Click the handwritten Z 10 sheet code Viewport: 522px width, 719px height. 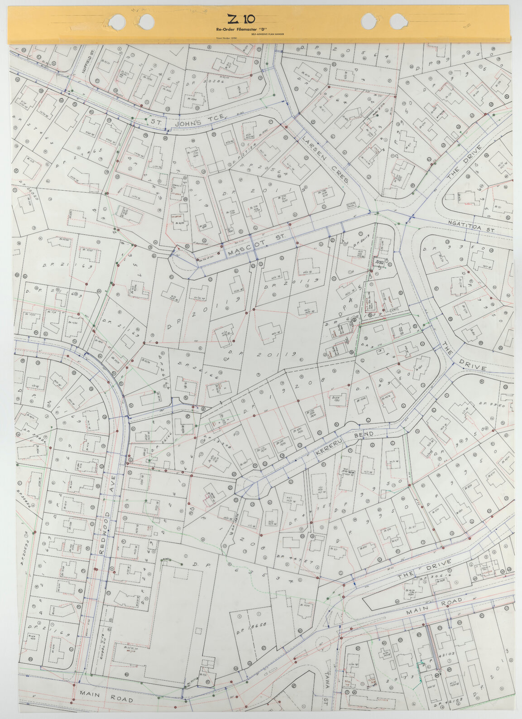click(x=241, y=19)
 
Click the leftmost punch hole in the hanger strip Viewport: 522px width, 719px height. click(x=116, y=20)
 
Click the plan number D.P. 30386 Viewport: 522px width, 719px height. click(x=203, y=82)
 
